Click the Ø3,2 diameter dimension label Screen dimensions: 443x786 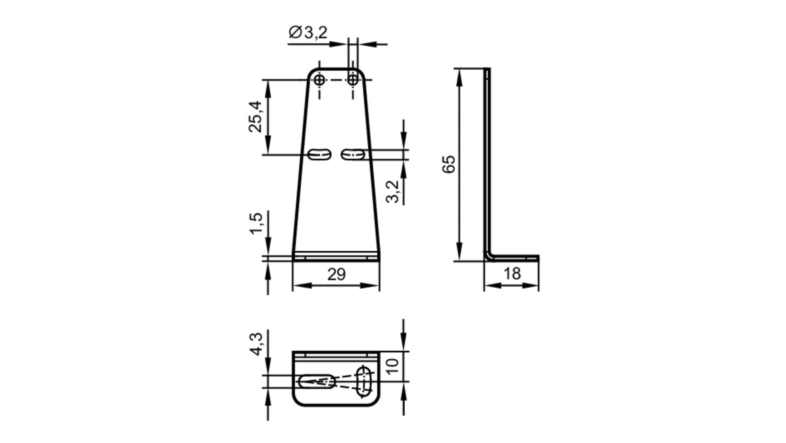308,33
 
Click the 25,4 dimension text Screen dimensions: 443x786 255,116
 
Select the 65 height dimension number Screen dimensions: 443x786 449,164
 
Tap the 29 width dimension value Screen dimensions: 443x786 336,274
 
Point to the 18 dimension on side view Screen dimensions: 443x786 512,274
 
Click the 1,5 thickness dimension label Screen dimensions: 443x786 256,223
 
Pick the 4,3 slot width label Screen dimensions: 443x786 256,344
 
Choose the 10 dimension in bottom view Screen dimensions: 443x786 393,366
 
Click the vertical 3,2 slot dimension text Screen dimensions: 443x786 393,191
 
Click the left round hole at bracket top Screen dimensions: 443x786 320,80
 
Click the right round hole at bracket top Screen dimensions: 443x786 353,80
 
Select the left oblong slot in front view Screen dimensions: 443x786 319,154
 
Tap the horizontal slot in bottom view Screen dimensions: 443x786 317,381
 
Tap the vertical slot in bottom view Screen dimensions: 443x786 363,381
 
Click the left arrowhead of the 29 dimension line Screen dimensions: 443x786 301,286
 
